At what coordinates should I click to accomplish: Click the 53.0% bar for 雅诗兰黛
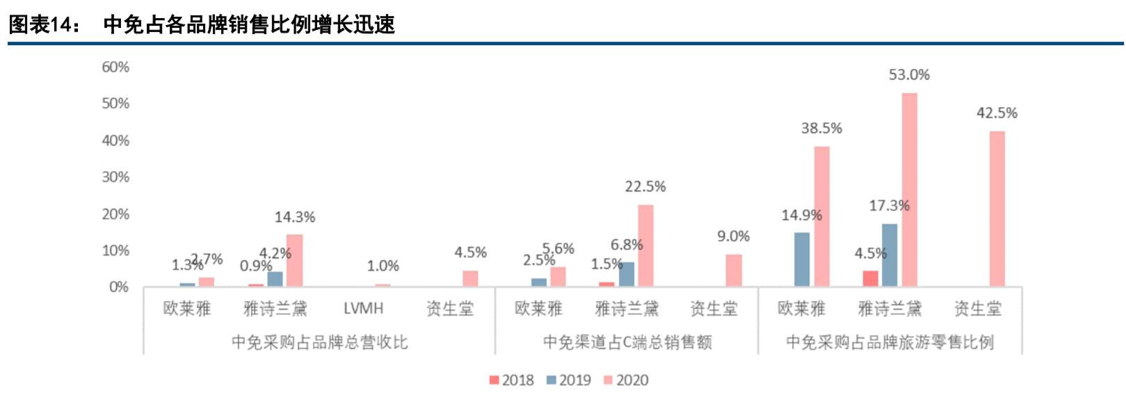[x=909, y=190]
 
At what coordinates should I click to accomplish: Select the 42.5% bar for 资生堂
[x=997, y=209]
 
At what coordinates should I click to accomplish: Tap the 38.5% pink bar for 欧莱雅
[x=821, y=216]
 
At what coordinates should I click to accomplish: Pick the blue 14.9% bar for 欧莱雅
[x=802, y=259]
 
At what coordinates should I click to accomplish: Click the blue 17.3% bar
[x=890, y=255]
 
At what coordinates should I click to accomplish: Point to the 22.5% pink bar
[x=645, y=245]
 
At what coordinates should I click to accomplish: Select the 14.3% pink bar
[x=294, y=260]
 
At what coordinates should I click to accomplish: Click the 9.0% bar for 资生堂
[x=733, y=270]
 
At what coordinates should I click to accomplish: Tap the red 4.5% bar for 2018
[x=870, y=278]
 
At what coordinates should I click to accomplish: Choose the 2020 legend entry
[x=625, y=380]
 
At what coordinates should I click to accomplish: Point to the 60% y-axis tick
[x=115, y=67]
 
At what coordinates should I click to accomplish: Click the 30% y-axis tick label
[x=115, y=177]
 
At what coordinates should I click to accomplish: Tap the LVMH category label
[x=363, y=308]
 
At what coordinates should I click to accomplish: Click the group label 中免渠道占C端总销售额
[x=627, y=342]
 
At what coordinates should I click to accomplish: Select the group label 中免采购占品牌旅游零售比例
[x=890, y=342]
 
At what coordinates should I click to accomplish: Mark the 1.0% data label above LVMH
[x=383, y=266]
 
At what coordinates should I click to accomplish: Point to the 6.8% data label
[x=626, y=245]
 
